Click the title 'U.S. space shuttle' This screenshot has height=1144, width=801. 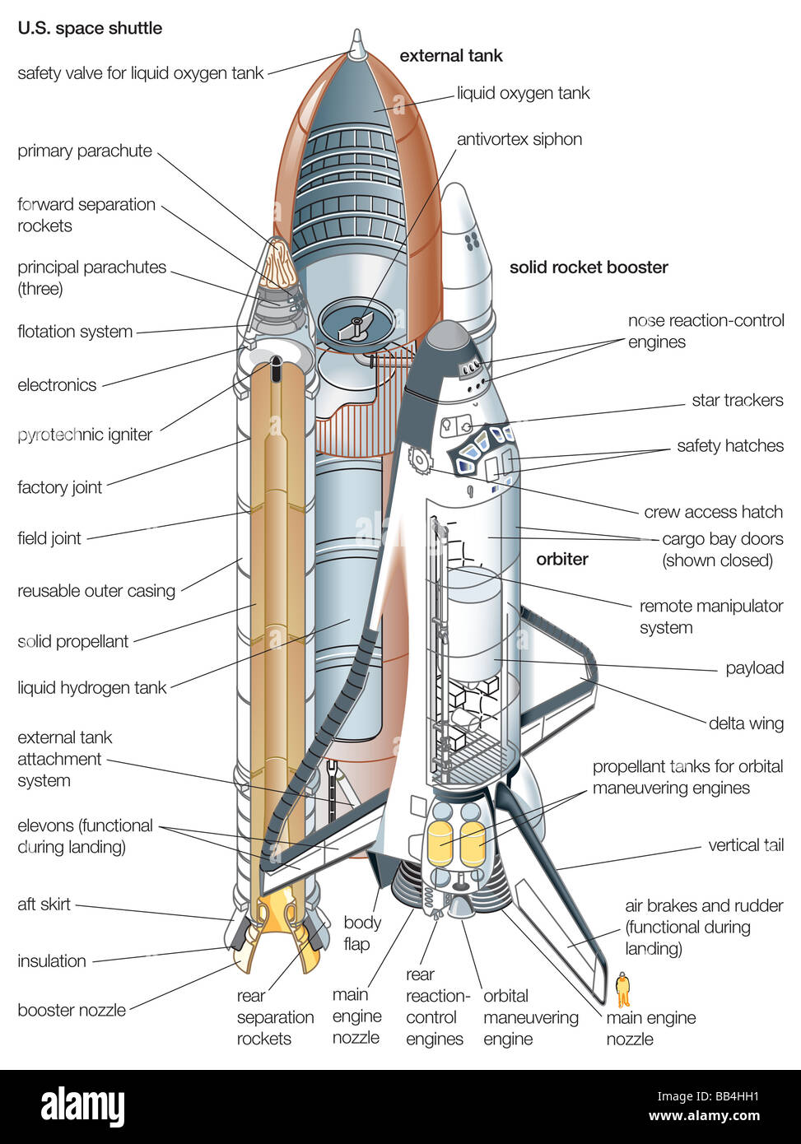click(90, 28)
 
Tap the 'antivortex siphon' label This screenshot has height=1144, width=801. click(519, 139)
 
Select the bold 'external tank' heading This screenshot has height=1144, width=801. click(450, 56)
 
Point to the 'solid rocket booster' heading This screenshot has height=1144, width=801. click(589, 267)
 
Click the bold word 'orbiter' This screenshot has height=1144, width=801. click(562, 559)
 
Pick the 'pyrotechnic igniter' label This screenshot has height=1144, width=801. click(85, 435)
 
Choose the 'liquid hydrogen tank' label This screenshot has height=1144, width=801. click(91, 687)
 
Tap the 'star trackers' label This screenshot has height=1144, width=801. click(737, 401)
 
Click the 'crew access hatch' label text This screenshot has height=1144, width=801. click(713, 512)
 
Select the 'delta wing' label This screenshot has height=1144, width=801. click(746, 723)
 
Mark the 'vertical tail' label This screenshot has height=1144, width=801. click(746, 845)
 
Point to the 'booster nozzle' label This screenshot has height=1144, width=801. click(72, 1011)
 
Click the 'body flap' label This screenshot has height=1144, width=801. click(362, 933)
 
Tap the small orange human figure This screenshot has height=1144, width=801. click(623, 988)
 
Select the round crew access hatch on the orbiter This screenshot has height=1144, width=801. click(419, 460)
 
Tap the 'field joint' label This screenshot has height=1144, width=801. click(49, 538)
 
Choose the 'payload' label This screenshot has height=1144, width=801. click(754, 667)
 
